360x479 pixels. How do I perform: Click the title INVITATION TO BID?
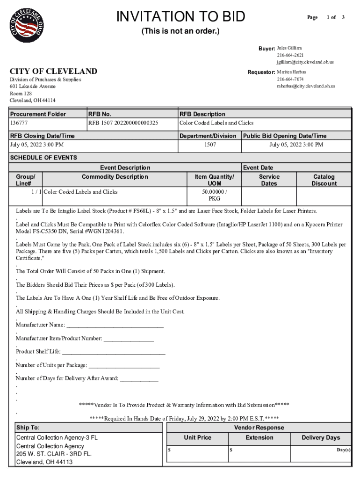click(180, 17)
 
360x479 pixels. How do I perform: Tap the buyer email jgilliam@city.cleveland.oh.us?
click(305, 62)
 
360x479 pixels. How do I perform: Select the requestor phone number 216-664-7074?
click(290, 79)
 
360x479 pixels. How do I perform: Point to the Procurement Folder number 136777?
click(19, 123)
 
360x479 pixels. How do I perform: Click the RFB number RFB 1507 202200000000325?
click(123, 123)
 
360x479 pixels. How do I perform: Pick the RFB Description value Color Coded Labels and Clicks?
click(216, 123)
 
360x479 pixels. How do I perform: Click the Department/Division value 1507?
click(209, 145)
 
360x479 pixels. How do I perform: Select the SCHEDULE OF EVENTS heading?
click(43, 158)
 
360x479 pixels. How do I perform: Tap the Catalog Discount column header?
click(324, 180)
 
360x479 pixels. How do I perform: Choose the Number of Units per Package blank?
click(124, 365)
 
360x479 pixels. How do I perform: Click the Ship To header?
click(28, 428)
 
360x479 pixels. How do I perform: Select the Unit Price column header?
click(197, 438)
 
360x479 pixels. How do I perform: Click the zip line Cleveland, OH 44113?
click(44, 462)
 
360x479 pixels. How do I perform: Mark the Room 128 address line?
click(21, 94)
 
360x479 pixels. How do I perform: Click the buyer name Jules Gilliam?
click(289, 48)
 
